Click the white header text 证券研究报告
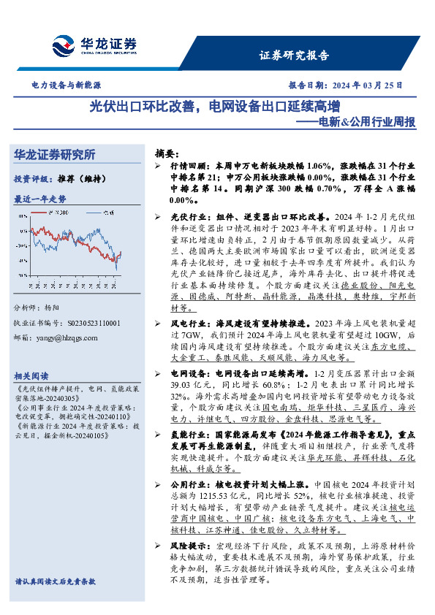295,56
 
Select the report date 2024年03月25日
370,85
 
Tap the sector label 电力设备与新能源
66,85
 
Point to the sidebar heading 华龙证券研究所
55,155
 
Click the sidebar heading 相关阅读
32,373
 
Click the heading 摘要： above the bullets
167,154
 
